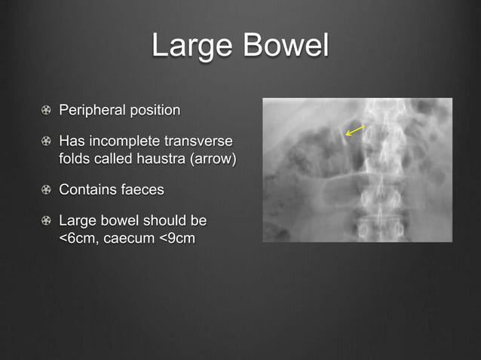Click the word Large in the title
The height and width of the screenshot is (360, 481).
point(193,46)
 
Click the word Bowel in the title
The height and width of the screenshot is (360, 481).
point(286,46)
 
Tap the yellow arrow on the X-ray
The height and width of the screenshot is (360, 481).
point(354,130)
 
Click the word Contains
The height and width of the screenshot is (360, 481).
point(88,190)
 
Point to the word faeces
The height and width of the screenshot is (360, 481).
point(142,190)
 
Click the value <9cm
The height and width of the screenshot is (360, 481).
point(179,238)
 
